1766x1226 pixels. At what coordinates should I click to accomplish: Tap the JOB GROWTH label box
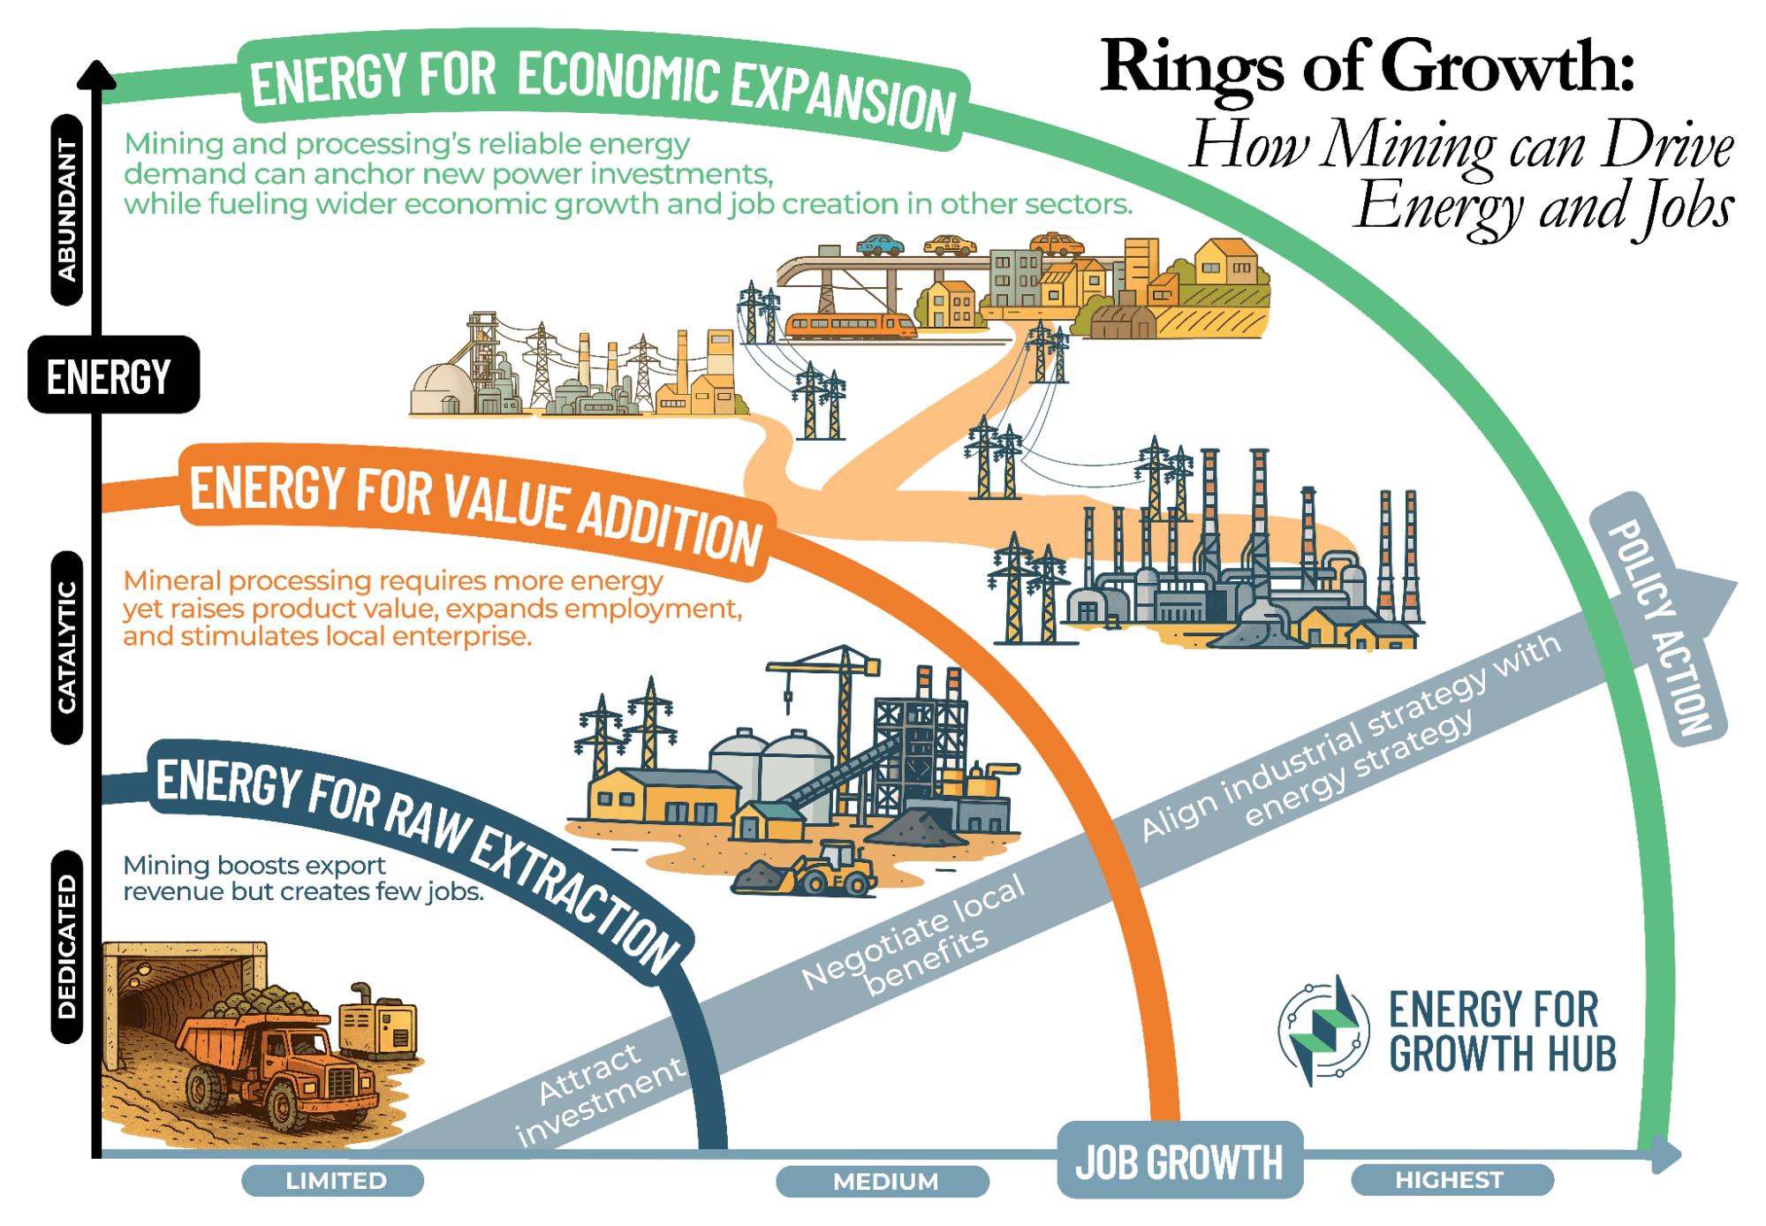1179,1161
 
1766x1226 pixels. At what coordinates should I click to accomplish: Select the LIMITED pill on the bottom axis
333,1181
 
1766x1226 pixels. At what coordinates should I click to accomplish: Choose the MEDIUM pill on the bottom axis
883,1182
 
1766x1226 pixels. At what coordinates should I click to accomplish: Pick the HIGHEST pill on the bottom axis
1452,1180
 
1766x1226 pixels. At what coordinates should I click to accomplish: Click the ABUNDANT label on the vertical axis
67,209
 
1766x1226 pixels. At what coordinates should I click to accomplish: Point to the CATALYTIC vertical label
67,647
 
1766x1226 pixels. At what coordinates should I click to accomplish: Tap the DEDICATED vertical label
67,947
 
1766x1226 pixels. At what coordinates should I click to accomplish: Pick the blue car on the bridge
880,245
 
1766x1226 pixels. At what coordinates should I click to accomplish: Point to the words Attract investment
601,1092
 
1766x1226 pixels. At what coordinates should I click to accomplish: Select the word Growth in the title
1507,66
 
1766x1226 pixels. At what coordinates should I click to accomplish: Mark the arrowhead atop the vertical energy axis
96,74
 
